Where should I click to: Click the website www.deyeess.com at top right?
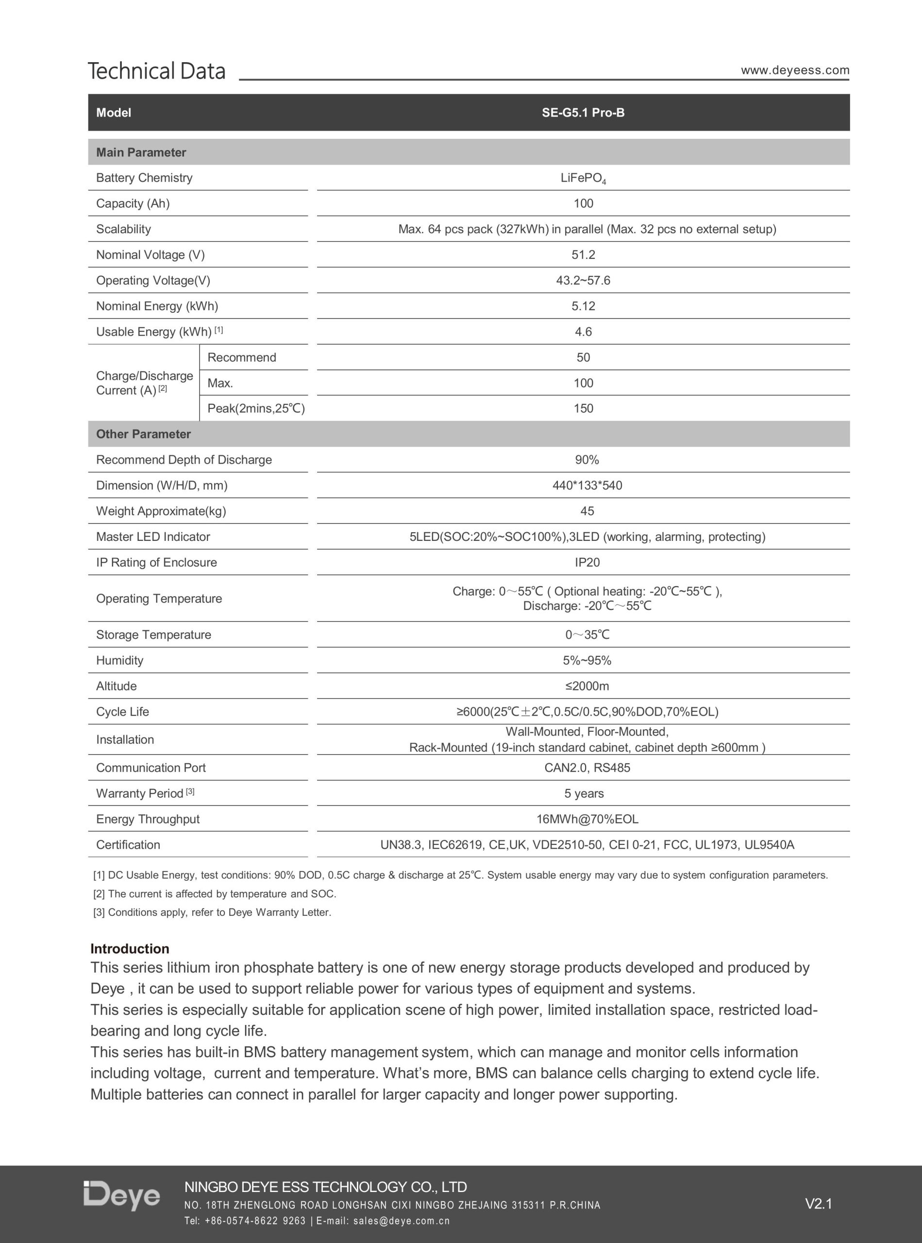pos(795,70)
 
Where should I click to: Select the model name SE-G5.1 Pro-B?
pos(583,113)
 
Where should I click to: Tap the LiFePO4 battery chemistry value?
pos(583,178)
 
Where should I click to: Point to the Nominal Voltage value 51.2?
pos(583,255)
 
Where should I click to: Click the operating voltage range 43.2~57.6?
pos(583,281)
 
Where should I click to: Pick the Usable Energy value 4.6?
pos(583,332)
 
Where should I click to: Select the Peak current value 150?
pos(583,408)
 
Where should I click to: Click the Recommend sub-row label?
pos(242,358)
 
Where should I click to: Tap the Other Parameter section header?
pos(143,434)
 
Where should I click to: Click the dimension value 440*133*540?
pos(587,486)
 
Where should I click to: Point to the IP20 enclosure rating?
pos(587,563)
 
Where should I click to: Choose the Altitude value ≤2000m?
pos(587,686)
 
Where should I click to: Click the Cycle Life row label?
pos(123,712)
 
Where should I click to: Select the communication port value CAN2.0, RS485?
pos(587,768)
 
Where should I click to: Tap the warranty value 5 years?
pos(584,794)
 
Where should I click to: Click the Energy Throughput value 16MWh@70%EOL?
pos(587,820)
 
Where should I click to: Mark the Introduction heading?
pos(130,949)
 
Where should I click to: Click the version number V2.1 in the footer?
pos(818,1204)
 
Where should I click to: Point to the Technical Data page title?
pos(157,71)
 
